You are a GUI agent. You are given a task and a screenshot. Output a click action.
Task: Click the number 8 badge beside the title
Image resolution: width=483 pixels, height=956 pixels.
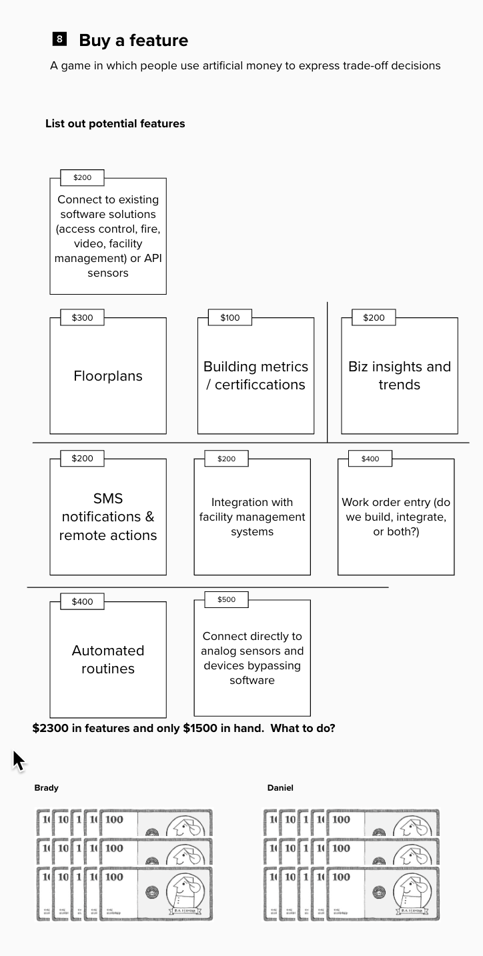tap(59, 39)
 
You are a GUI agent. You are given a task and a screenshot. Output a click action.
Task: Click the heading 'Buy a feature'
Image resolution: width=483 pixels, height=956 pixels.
tap(133, 40)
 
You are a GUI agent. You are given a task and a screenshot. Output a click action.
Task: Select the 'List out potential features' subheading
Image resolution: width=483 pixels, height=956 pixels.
tap(115, 123)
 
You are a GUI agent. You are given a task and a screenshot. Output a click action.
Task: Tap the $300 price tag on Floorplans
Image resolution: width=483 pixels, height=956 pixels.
tap(82, 317)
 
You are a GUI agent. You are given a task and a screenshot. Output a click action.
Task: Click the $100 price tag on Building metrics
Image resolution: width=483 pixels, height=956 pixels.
tap(229, 317)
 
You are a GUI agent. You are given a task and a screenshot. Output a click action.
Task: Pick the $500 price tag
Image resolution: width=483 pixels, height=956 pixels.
tap(226, 599)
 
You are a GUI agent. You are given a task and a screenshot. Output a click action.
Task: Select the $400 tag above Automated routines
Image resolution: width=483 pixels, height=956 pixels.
tap(82, 601)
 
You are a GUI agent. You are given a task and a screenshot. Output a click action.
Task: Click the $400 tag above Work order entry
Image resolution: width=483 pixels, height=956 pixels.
tap(370, 459)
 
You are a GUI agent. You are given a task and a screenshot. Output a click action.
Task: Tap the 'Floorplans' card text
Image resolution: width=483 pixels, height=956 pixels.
tap(108, 376)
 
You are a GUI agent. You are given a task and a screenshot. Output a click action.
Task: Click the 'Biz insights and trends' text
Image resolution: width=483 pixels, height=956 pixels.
tap(400, 375)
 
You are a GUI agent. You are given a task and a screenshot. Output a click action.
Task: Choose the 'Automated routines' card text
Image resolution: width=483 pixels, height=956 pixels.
tap(108, 659)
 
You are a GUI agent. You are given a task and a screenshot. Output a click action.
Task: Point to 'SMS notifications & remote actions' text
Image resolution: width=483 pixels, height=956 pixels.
tap(108, 517)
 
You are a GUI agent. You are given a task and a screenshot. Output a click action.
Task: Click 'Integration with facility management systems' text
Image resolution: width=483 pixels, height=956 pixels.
tap(252, 517)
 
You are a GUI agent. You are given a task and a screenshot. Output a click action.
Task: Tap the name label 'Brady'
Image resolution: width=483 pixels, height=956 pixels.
tap(47, 787)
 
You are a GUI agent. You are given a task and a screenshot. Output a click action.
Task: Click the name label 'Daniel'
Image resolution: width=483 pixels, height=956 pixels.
tap(280, 787)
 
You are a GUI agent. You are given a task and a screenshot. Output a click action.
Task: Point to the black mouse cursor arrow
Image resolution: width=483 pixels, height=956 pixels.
tap(18, 760)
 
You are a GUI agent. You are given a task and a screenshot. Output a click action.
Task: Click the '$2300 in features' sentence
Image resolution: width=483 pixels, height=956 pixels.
tap(183, 728)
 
